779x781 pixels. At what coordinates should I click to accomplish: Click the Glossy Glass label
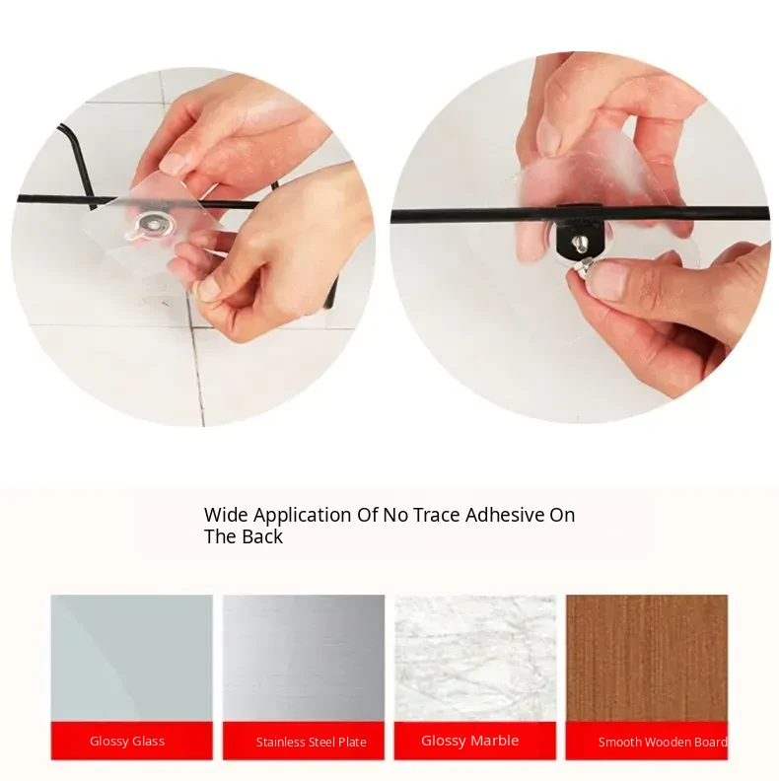[127, 742]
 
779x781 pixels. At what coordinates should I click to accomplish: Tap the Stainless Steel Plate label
[312, 743]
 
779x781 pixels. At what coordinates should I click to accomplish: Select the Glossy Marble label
[469, 741]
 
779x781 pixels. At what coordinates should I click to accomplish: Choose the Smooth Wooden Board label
[663, 743]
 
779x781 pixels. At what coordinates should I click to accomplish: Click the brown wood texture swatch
[647, 658]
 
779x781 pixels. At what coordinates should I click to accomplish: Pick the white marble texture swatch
[475, 658]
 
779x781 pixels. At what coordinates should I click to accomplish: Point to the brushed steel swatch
[304, 658]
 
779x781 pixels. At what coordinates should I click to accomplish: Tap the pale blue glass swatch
[131, 658]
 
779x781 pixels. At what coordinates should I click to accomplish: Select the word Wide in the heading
[226, 515]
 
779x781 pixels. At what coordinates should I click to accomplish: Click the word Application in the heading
[303, 516]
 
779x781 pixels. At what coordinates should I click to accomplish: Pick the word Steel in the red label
[319, 743]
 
